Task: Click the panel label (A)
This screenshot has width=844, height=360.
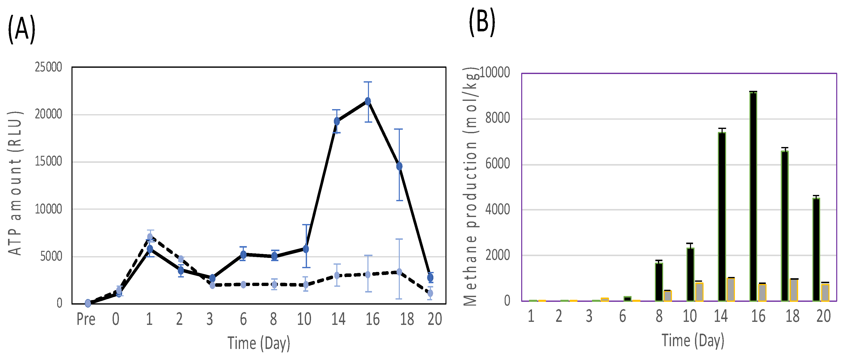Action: click(x=22, y=30)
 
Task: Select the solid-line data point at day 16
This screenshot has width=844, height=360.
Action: click(x=368, y=102)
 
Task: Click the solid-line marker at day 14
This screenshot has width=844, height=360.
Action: click(x=337, y=121)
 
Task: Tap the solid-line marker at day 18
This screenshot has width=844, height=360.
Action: click(x=399, y=166)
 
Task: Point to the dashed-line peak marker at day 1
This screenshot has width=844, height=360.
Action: click(x=150, y=237)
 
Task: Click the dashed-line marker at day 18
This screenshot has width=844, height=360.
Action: click(x=399, y=272)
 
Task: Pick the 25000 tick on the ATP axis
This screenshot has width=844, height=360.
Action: click(x=48, y=67)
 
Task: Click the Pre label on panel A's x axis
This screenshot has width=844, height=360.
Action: click(x=86, y=319)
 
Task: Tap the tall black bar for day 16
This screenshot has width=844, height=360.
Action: click(x=753, y=196)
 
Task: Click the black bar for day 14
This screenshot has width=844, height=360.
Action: click(x=722, y=216)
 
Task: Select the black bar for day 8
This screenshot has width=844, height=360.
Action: click(x=659, y=282)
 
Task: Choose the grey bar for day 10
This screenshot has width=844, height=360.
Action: click(x=699, y=292)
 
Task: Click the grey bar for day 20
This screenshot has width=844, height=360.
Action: click(x=825, y=293)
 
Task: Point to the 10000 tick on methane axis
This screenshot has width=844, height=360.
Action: click(x=495, y=73)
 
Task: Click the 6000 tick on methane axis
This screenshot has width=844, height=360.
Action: click(x=498, y=164)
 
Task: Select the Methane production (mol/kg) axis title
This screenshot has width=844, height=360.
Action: click(x=471, y=187)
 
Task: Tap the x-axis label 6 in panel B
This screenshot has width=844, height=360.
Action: click(x=623, y=316)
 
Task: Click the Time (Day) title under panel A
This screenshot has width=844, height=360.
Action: click(x=259, y=343)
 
